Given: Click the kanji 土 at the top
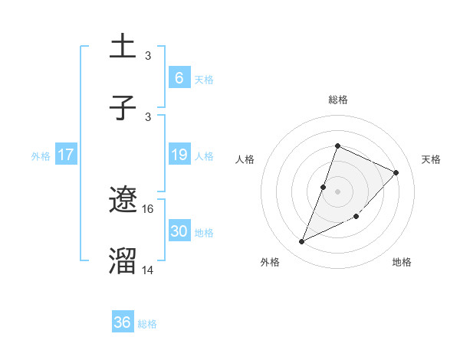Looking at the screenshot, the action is pyautogui.click(x=123, y=47).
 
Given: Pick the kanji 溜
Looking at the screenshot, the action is pyautogui.click(x=123, y=261).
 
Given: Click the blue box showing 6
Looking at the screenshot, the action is pyautogui.click(x=179, y=77).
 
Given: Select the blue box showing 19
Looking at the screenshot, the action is pyautogui.click(x=179, y=155).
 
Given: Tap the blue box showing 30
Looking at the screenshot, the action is pyautogui.click(x=179, y=231).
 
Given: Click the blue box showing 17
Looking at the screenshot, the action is pyautogui.click(x=66, y=155).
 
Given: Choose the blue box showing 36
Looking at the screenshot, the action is pyautogui.click(x=123, y=322).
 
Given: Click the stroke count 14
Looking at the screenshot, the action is pyautogui.click(x=148, y=270).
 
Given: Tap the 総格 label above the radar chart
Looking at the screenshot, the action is pyautogui.click(x=337, y=100).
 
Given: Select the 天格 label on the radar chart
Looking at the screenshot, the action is pyautogui.click(x=431, y=159).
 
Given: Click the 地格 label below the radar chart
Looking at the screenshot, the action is pyautogui.click(x=402, y=262).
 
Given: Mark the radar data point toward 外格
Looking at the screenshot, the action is pyautogui.click(x=302, y=242).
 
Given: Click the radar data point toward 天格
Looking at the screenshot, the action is pyautogui.click(x=396, y=172).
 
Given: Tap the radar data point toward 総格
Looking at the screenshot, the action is pyautogui.click(x=337, y=146).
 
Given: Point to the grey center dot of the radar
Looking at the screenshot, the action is pyautogui.click(x=337, y=190).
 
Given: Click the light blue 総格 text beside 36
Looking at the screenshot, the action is pyautogui.click(x=147, y=324).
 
